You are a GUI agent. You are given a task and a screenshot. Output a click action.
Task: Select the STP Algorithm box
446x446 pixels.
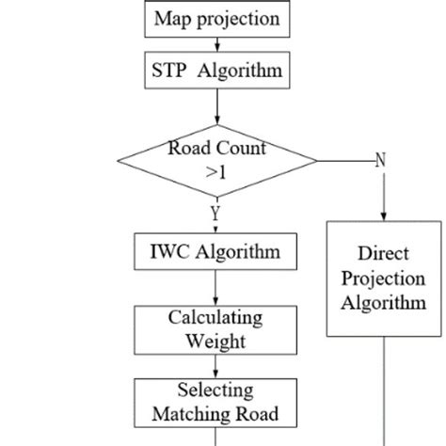(216, 70)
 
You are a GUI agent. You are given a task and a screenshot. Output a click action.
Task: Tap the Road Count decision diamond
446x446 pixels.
(217, 161)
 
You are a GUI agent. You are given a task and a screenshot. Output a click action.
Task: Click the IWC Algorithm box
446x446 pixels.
(215, 252)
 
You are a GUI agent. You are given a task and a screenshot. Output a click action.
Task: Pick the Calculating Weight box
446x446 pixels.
(215, 329)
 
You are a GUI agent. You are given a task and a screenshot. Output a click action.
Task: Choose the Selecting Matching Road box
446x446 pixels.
(215, 402)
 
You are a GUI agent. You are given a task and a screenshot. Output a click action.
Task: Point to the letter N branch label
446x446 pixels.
(381, 161)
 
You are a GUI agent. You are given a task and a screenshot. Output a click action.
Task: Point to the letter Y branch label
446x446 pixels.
(215, 214)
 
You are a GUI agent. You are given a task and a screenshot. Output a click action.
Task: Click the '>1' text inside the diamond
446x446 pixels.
(217, 172)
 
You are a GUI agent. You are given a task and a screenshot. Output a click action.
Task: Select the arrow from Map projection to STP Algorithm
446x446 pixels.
(217, 44)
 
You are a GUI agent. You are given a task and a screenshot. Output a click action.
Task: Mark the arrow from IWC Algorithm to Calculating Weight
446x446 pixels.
(215, 287)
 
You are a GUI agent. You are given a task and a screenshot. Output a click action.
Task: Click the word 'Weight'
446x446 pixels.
(215, 340)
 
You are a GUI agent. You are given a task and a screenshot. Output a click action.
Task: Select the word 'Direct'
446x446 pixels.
(386, 254)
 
